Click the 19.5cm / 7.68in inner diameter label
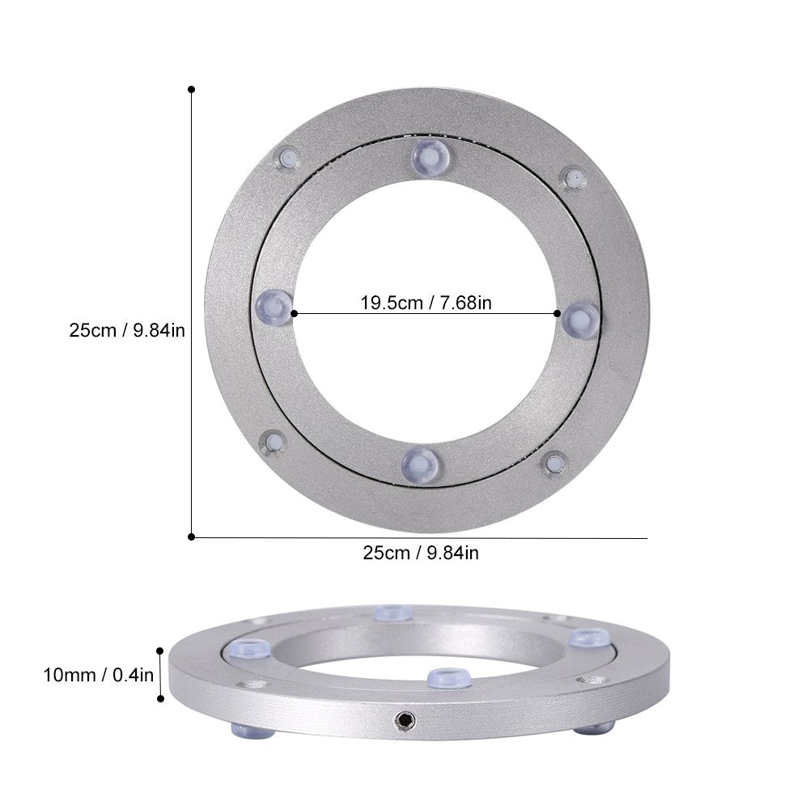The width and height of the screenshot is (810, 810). [x=426, y=303]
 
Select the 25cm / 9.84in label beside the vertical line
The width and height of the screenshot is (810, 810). [x=128, y=330]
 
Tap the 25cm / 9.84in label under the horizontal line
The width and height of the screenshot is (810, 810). [x=420, y=553]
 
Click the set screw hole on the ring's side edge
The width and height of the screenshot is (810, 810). [x=401, y=718]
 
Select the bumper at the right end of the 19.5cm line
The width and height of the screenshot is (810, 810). [x=580, y=319]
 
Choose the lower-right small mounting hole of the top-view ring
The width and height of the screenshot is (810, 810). [x=554, y=463]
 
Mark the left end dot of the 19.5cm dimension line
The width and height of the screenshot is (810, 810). [x=294, y=313]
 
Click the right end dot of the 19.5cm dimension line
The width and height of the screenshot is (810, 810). [x=558, y=313]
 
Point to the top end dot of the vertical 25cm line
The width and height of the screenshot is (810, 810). [x=191, y=88]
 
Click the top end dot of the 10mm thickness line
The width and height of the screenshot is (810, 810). [x=161, y=650]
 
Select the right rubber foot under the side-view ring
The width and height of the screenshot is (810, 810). [x=595, y=728]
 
